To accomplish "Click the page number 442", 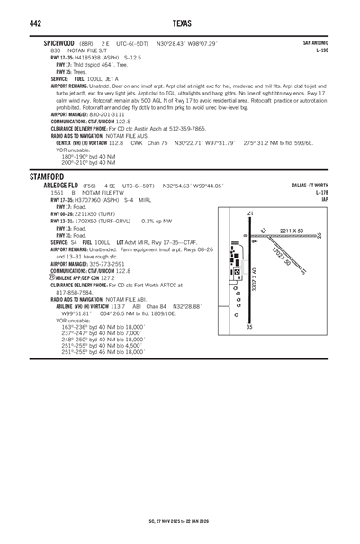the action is point(14,23).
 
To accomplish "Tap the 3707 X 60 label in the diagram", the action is point(256,280).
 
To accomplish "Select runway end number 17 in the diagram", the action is point(249,213).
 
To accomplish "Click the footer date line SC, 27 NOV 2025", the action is point(179,521).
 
